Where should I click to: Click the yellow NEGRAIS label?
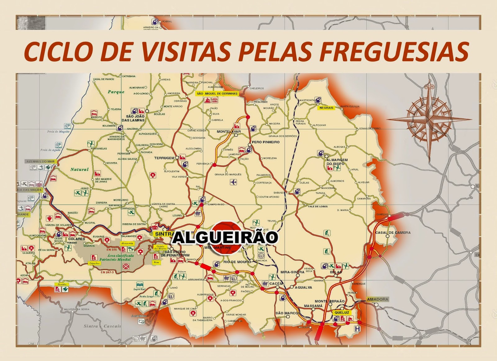(x=326, y=108)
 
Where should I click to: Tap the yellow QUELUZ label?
(x=342, y=313)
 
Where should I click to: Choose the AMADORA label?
(x=378, y=299)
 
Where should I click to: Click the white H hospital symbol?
(x=358, y=329)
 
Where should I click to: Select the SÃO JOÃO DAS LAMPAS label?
(x=133, y=118)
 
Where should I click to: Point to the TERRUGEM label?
(x=164, y=158)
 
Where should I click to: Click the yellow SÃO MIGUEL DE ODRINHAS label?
(x=217, y=94)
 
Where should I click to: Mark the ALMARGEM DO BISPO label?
(x=337, y=162)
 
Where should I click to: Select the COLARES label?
(x=77, y=239)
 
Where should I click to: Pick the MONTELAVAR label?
(x=229, y=131)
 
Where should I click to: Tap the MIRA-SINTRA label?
(x=292, y=272)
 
